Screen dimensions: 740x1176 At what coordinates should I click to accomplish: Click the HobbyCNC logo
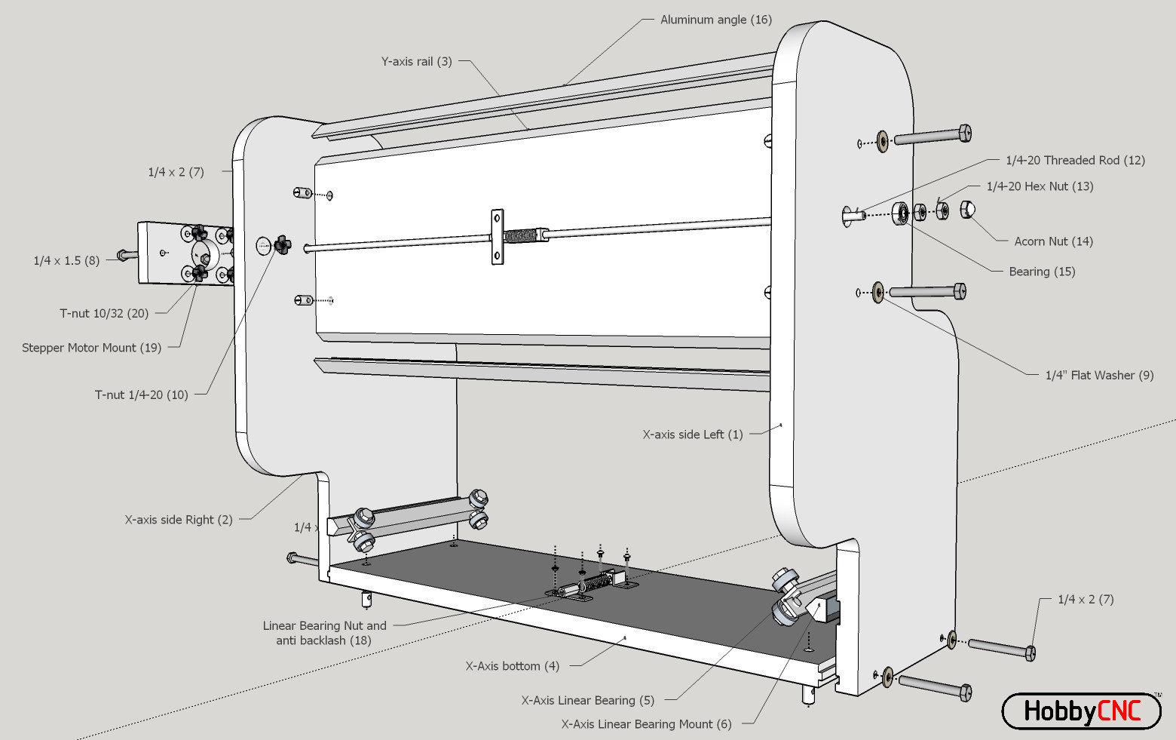click(x=1081, y=711)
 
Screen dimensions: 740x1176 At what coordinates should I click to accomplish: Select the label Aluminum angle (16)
click(x=715, y=20)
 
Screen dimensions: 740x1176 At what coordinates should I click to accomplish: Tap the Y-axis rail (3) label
click(x=416, y=62)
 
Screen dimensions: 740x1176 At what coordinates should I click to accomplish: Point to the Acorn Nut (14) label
click(x=1052, y=241)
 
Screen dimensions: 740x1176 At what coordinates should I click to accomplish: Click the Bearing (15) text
click(x=1042, y=272)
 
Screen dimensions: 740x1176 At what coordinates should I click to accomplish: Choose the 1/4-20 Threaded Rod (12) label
click(x=1074, y=160)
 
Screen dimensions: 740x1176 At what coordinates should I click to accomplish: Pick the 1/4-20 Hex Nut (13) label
click(x=1039, y=186)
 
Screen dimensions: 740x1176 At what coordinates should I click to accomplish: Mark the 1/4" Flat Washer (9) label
click(x=1098, y=375)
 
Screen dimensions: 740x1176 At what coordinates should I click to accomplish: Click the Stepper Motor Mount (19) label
click(x=91, y=348)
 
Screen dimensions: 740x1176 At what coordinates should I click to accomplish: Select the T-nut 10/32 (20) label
click(x=104, y=313)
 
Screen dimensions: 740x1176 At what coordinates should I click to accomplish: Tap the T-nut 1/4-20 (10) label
click(x=141, y=395)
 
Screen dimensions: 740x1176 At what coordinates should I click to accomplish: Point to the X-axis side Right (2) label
click(x=178, y=520)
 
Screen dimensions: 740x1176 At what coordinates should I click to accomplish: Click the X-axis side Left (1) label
click(x=692, y=434)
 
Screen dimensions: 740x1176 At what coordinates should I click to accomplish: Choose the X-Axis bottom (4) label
click(x=512, y=666)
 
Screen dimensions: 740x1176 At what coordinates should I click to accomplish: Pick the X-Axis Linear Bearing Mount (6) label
click(x=645, y=724)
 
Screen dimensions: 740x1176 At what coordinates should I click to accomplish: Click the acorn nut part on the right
click(x=968, y=209)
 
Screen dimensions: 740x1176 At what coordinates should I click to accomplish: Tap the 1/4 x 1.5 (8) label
click(x=66, y=260)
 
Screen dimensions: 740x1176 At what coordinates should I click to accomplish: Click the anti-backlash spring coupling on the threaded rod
click(x=522, y=235)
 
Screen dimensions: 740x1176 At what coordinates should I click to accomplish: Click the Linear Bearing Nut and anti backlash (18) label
click(x=324, y=633)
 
